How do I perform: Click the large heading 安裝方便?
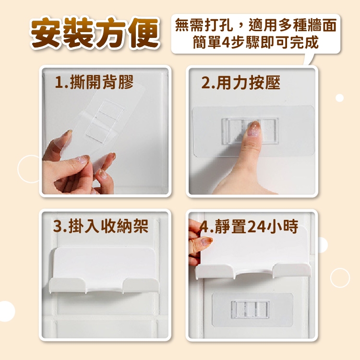point(95,33)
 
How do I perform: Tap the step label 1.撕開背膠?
point(94,82)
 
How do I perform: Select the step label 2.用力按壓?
point(240,83)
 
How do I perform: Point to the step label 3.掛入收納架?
point(101,226)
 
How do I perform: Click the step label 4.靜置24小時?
point(249,227)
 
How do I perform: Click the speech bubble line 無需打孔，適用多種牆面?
point(256,25)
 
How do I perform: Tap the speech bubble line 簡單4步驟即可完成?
point(256,42)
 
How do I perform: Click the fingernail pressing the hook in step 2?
point(254,129)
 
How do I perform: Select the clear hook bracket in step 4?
point(250,310)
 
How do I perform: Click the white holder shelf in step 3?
point(104,270)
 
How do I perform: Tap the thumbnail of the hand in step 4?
point(206,241)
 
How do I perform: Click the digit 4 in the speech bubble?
point(226,42)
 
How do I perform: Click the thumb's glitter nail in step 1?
point(83,159)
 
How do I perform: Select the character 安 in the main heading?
point(46,33)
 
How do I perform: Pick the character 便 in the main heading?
point(144,33)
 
